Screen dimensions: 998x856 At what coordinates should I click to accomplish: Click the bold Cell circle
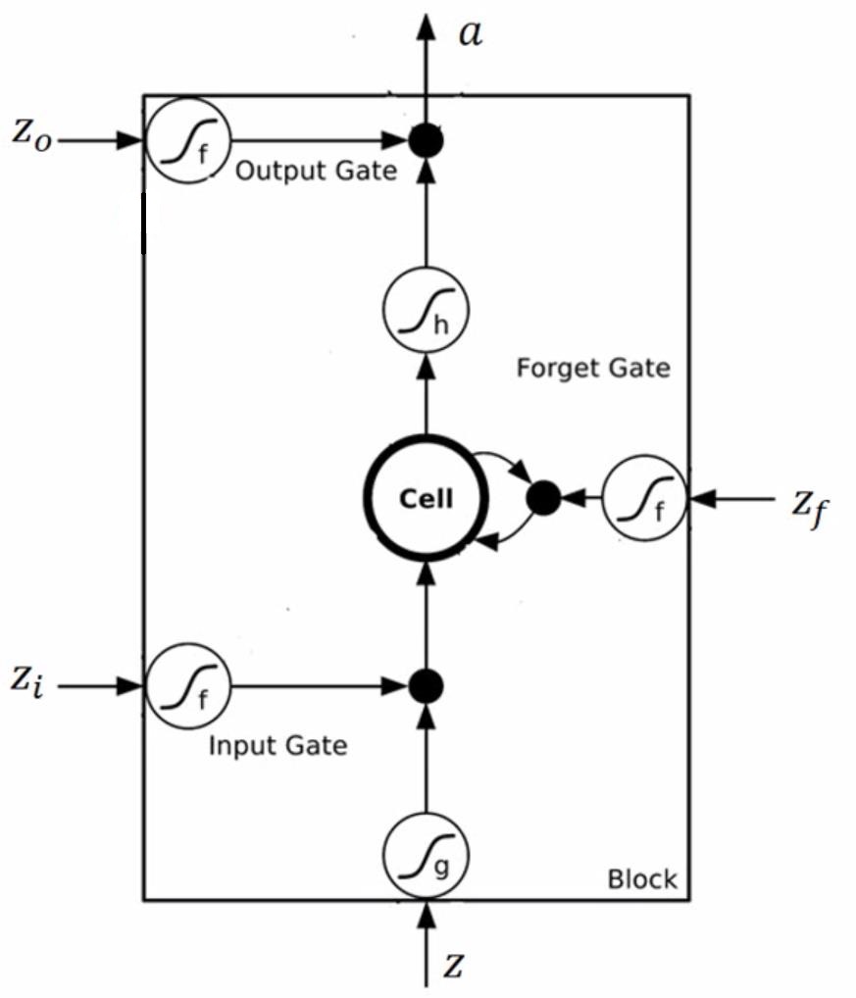point(426,499)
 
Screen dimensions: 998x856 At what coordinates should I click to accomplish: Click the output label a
point(471,34)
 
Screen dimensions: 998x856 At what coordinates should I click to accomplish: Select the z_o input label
point(29,133)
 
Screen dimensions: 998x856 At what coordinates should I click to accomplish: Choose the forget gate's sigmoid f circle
point(644,499)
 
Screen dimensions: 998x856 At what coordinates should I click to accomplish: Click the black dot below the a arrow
point(426,142)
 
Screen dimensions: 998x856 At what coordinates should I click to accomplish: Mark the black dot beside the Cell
point(543,499)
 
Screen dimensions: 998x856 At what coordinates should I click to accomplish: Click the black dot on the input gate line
point(426,685)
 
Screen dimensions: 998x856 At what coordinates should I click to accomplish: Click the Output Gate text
point(317,172)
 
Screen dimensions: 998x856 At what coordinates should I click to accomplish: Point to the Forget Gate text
point(593,369)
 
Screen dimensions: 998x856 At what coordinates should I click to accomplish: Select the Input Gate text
point(277,746)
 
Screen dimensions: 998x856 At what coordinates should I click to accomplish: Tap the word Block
point(642,878)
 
